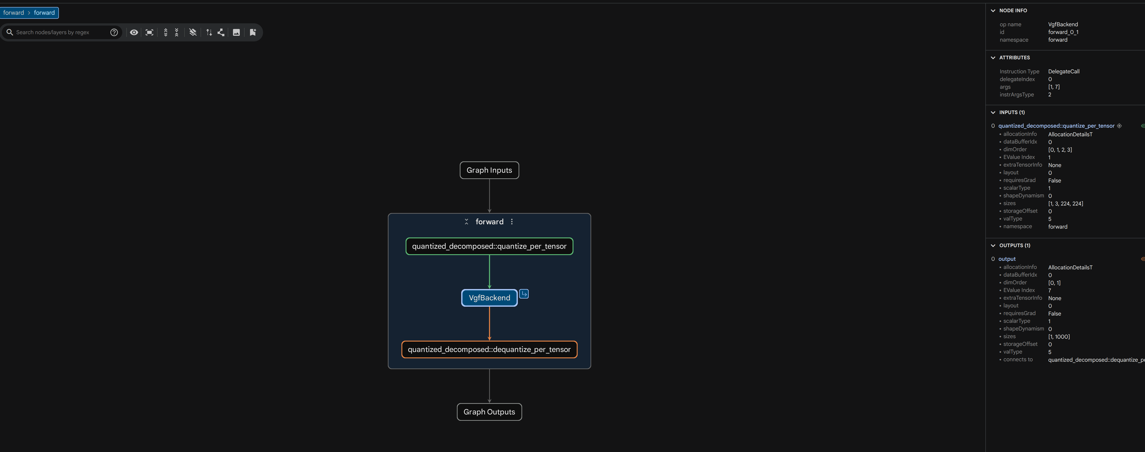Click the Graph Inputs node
(x=489, y=170)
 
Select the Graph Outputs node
(x=489, y=412)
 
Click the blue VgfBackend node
(x=489, y=298)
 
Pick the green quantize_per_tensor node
(x=489, y=246)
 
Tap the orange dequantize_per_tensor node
(x=489, y=349)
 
